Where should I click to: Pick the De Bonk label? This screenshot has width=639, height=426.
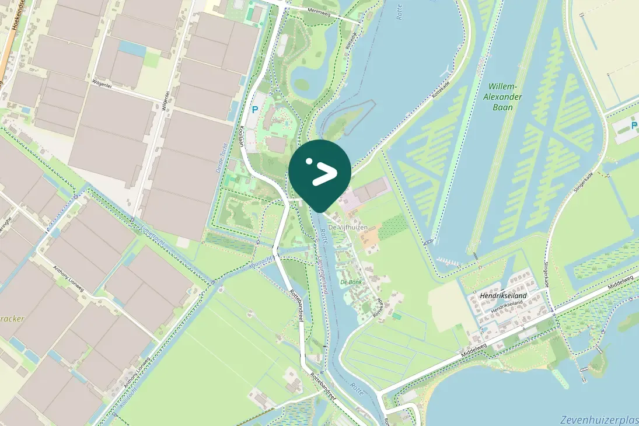(x=351, y=282)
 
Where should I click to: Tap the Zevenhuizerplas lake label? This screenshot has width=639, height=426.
(x=599, y=420)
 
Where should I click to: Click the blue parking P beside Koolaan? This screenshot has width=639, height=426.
(x=254, y=109)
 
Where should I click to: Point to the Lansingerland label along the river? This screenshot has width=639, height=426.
(x=323, y=274)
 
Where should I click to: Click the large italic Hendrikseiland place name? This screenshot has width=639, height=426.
(x=502, y=296)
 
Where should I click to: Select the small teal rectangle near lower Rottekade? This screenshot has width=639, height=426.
(x=397, y=316)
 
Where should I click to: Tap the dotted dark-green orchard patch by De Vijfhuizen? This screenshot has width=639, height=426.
(x=394, y=226)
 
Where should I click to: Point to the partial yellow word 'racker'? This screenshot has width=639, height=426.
(x=12, y=319)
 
